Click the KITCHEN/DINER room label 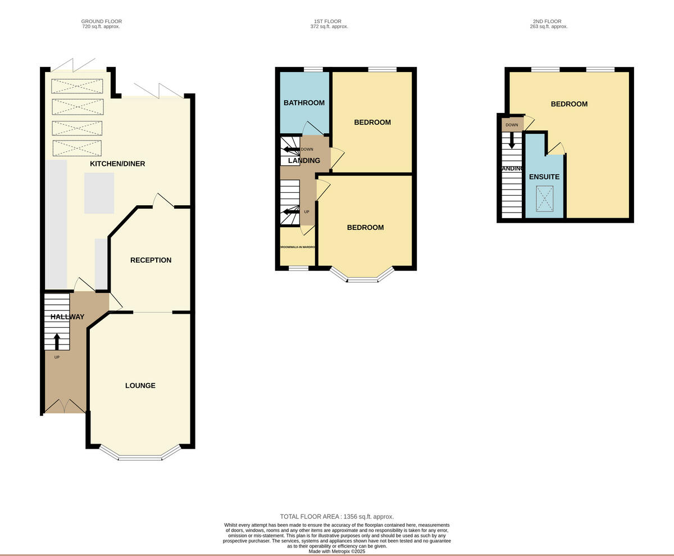pyautogui.click(x=117, y=164)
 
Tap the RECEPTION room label pyautogui.click(x=151, y=260)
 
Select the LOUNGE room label pyautogui.click(x=140, y=386)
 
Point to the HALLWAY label pyautogui.click(x=67, y=317)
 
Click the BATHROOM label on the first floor pyautogui.click(x=304, y=103)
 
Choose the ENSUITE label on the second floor pyautogui.click(x=544, y=177)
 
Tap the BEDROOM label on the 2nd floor pyautogui.click(x=569, y=104)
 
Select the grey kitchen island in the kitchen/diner pyautogui.click(x=99, y=193)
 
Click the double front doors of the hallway pyautogui.click(x=65, y=406)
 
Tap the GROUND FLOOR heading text pyautogui.click(x=101, y=21)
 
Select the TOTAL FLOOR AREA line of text pyautogui.click(x=336, y=516)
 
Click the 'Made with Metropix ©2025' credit pyautogui.click(x=336, y=552)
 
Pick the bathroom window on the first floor pyautogui.click(x=313, y=70)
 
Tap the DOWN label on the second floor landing pyautogui.click(x=512, y=125)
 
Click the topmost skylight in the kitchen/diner pyautogui.click(x=78, y=86)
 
